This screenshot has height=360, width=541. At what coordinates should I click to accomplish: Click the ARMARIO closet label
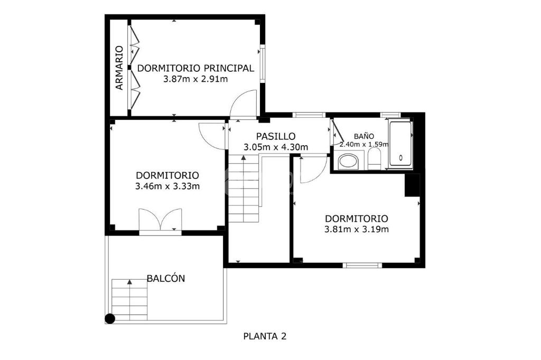119,68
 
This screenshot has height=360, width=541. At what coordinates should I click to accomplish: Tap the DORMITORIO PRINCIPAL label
195,68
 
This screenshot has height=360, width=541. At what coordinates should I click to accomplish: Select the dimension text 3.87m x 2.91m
195,79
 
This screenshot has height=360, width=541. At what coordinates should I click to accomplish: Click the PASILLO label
276,136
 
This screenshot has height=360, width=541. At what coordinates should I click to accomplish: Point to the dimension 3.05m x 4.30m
276,147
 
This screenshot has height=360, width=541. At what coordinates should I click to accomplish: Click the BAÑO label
364,136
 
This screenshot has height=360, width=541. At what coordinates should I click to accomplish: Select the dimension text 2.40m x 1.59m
364,144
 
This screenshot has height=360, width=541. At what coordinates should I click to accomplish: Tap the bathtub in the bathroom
400,145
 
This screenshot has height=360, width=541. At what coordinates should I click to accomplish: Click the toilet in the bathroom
374,160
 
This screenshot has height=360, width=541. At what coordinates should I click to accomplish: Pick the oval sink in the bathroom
349,162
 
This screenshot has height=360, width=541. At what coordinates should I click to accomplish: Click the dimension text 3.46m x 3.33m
167,186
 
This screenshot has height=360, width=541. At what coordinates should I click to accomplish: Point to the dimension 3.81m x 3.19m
357,229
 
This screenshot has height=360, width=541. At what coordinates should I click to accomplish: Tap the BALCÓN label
166,278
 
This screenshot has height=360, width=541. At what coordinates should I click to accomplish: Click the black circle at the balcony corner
110,319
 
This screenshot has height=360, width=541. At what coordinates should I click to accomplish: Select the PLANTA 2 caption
265,336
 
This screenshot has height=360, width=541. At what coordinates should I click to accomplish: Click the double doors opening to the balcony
160,220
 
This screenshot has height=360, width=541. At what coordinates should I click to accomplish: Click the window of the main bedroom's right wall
262,63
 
